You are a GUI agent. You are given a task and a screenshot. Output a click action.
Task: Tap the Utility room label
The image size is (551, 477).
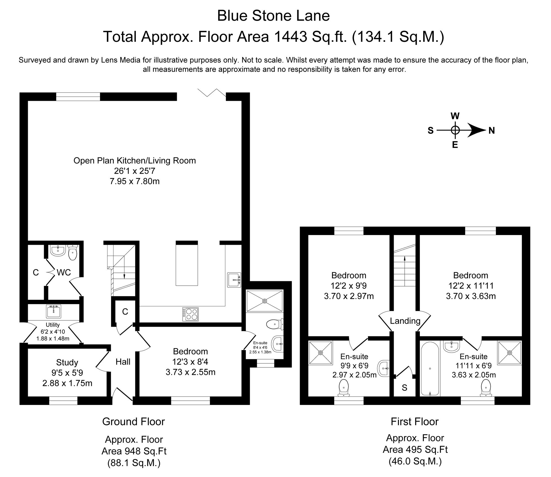click(x=53, y=325)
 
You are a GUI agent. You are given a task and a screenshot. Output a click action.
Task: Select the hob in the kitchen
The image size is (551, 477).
click(x=190, y=314)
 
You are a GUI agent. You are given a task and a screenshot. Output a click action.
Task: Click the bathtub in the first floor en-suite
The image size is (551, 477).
click(x=430, y=369)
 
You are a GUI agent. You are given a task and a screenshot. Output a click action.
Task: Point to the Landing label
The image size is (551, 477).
click(x=405, y=321)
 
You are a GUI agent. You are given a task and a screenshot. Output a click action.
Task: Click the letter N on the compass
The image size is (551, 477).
click(x=491, y=131)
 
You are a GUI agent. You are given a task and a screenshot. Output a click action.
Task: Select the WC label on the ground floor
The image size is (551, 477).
click(x=64, y=272)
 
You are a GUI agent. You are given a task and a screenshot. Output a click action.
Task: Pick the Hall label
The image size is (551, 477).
click(x=123, y=362)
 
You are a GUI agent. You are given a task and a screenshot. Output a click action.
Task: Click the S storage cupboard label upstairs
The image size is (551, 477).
click(x=404, y=388)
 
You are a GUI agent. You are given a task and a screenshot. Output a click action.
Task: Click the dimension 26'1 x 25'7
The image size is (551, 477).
click(x=135, y=171)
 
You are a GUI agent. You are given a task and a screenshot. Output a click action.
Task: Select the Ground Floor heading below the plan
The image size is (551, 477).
click(x=133, y=422)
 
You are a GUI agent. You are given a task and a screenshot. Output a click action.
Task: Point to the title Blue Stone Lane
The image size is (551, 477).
click(x=273, y=16)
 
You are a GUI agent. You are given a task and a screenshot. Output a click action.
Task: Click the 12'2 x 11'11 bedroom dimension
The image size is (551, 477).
click(x=471, y=286)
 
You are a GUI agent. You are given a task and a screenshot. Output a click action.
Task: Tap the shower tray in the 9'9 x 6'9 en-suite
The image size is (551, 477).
click(x=320, y=353)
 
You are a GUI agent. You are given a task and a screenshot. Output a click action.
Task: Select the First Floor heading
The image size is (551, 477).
click(x=414, y=422)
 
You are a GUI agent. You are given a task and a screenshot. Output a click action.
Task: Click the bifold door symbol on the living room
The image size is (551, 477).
click(x=212, y=92)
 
